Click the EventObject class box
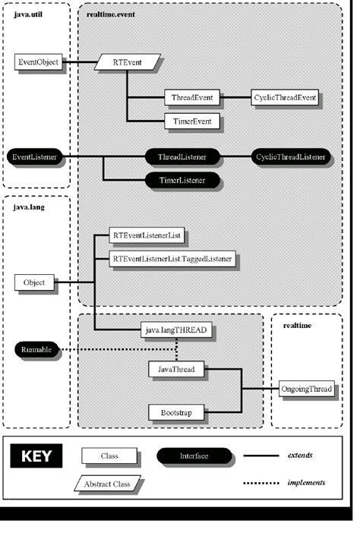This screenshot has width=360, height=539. coord(39,61)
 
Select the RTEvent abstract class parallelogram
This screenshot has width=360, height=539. coord(128,61)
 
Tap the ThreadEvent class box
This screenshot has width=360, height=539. coord(191,97)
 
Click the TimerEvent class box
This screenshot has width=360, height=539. coord(191,120)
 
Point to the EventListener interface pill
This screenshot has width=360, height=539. coord(35,157)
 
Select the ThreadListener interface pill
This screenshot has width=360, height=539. coord(182,157)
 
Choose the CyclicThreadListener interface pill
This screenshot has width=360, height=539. coord(291,157)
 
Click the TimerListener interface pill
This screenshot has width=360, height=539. coord(182,180)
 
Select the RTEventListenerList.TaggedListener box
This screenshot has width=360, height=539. coord(172,259)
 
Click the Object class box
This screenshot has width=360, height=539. coord(34,282)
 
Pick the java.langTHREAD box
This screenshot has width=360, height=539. coord(176,330)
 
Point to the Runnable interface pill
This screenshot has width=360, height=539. coord(36,350)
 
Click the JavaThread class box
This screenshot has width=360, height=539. coord(176,370)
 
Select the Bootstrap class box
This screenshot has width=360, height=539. coord(176,414)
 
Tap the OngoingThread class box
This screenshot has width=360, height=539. coord(306,389)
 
